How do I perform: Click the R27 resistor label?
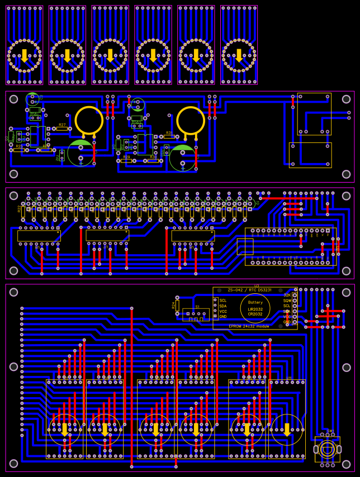(x=62, y=125)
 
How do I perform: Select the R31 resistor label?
(x=169, y=132)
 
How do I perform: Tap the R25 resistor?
(x=19, y=150)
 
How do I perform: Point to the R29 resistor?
(x=126, y=161)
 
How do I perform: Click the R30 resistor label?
(x=153, y=157)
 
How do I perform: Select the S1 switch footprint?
(x=196, y=314)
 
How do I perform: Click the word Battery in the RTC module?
(x=255, y=303)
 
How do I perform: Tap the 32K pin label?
(x=287, y=294)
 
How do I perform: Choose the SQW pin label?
(x=287, y=300)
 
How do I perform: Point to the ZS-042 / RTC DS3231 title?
(x=250, y=290)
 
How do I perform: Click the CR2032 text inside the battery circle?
(x=255, y=314)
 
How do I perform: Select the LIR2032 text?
(x=255, y=309)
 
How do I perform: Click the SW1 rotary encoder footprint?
(x=328, y=449)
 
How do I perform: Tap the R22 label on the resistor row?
(x=20, y=208)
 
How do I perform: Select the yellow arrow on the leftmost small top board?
(x=25, y=55)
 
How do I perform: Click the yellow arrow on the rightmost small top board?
(x=239, y=55)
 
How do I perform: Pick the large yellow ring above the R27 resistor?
(x=89, y=120)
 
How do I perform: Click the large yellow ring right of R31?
(x=191, y=120)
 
